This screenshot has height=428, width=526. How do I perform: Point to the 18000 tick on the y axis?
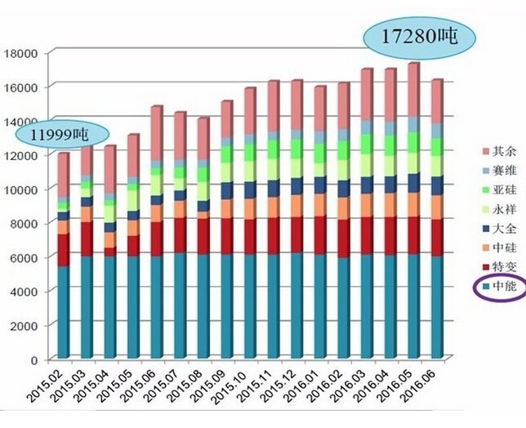pyautogui.click(x=22, y=53)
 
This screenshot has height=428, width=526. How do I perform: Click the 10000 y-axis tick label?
pyautogui.click(x=22, y=189)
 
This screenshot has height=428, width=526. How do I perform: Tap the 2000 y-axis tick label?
pyautogui.click(x=25, y=326)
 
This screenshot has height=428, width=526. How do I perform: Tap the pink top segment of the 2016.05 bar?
pyautogui.click(x=414, y=90)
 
